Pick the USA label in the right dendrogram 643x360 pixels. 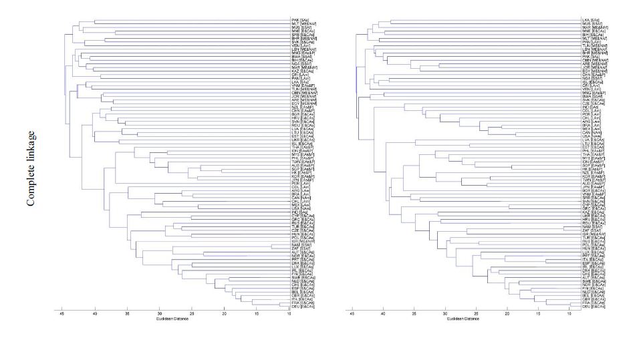click(x=588, y=135)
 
